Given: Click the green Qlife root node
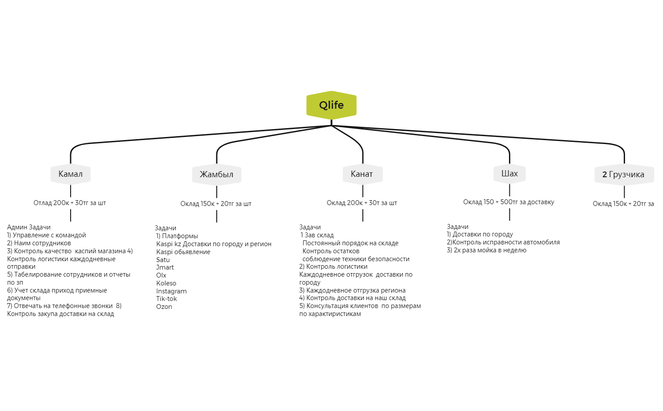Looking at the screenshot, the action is coord(331,105).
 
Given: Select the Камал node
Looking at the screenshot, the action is coord(71,174).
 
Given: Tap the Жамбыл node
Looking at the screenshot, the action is coord(217,175).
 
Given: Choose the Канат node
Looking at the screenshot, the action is coord(362,174).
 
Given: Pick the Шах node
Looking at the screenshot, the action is coord(509,174).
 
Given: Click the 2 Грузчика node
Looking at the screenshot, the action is coord(624,175).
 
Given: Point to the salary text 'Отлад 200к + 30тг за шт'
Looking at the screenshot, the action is coord(70,203).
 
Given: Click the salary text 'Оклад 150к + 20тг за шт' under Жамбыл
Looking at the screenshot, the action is coord(216,204).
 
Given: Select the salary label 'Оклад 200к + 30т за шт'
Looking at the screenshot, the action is coord(362,203).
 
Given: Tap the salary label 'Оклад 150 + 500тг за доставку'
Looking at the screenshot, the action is coord(509,202).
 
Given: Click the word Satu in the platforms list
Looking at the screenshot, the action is coord(163,260).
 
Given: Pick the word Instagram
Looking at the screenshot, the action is coord(171,291).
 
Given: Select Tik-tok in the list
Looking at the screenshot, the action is coord(166,299).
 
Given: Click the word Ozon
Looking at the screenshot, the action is coord(164,307).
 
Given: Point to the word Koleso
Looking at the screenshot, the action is coord(166,283).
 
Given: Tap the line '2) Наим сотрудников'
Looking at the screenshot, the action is coord(39,243).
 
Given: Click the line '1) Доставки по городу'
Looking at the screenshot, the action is coord(480,234).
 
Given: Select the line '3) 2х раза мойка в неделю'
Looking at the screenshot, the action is coord(486,251).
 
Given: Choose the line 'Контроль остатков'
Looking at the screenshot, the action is coord(331,251).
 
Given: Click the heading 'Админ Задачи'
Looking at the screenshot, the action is coord(29,227).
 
